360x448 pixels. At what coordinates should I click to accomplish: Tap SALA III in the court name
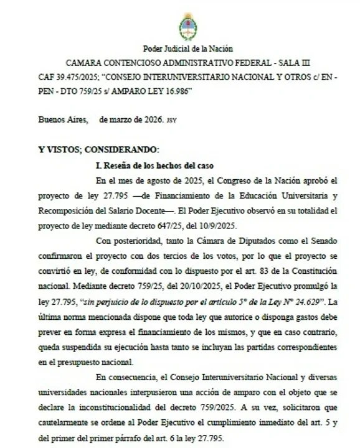tap(302, 64)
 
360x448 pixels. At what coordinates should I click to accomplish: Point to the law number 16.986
tap(171, 92)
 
